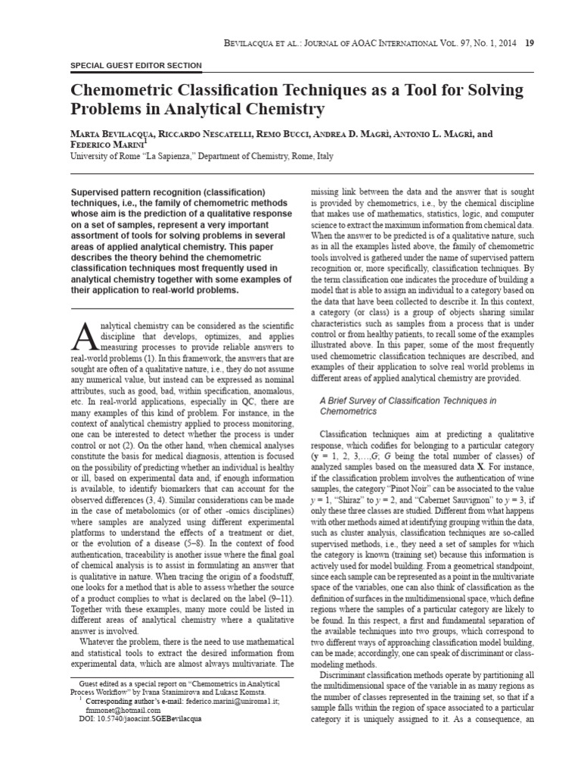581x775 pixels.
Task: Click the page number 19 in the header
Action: [530, 42]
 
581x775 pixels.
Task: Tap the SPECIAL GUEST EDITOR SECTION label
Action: [135, 66]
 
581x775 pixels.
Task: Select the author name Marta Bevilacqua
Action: [113, 134]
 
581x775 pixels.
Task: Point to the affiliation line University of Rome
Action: [200, 157]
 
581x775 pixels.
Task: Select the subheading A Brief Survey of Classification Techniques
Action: [409, 400]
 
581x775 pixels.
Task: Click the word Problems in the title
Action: [111, 110]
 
